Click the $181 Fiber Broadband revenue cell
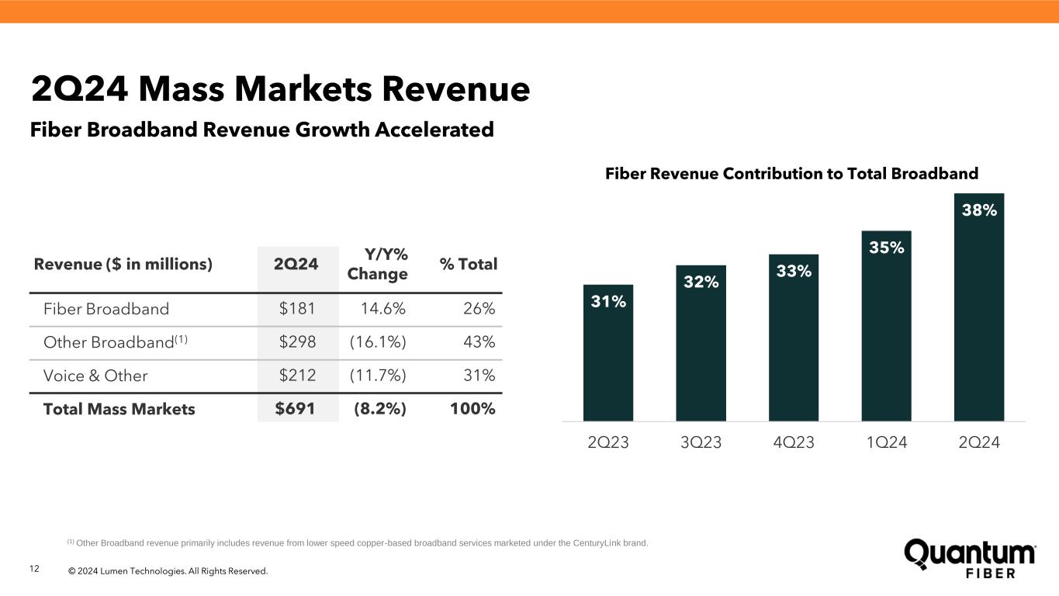tap(297, 309)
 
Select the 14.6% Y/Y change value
tap(383, 309)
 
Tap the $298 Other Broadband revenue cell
tap(297, 342)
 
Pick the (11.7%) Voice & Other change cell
tap(378, 376)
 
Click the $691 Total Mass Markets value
tap(296, 409)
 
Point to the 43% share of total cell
tap(478, 342)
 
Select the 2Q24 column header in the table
tap(296, 264)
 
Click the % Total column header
tap(468, 264)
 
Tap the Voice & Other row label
tap(95, 376)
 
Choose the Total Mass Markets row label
tap(119, 409)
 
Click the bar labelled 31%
tap(608, 353)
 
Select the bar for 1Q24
tap(886, 326)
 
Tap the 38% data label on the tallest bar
tap(979, 210)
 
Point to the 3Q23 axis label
tap(701, 442)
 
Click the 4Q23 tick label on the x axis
tap(794, 442)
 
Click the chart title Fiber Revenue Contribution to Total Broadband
tap(791, 173)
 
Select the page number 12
tap(34, 570)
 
